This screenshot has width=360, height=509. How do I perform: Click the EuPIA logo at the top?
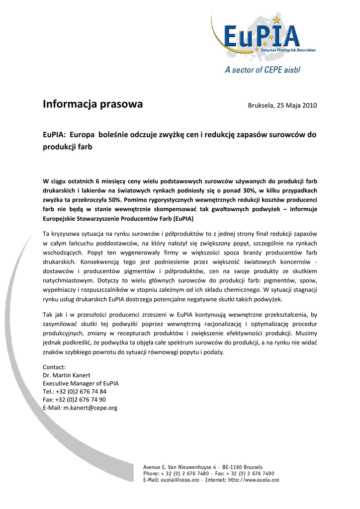click(x=262, y=38)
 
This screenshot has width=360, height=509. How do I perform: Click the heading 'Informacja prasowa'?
click(x=92, y=104)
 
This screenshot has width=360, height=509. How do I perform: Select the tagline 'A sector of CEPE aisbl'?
click(x=263, y=70)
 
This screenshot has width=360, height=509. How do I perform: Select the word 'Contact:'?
click(x=54, y=366)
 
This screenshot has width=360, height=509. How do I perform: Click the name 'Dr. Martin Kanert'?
click(x=67, y=375)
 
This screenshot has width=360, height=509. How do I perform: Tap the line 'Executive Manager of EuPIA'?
click(x=81, y=383)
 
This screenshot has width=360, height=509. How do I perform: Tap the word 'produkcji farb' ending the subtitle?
click(x=68, y=147)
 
